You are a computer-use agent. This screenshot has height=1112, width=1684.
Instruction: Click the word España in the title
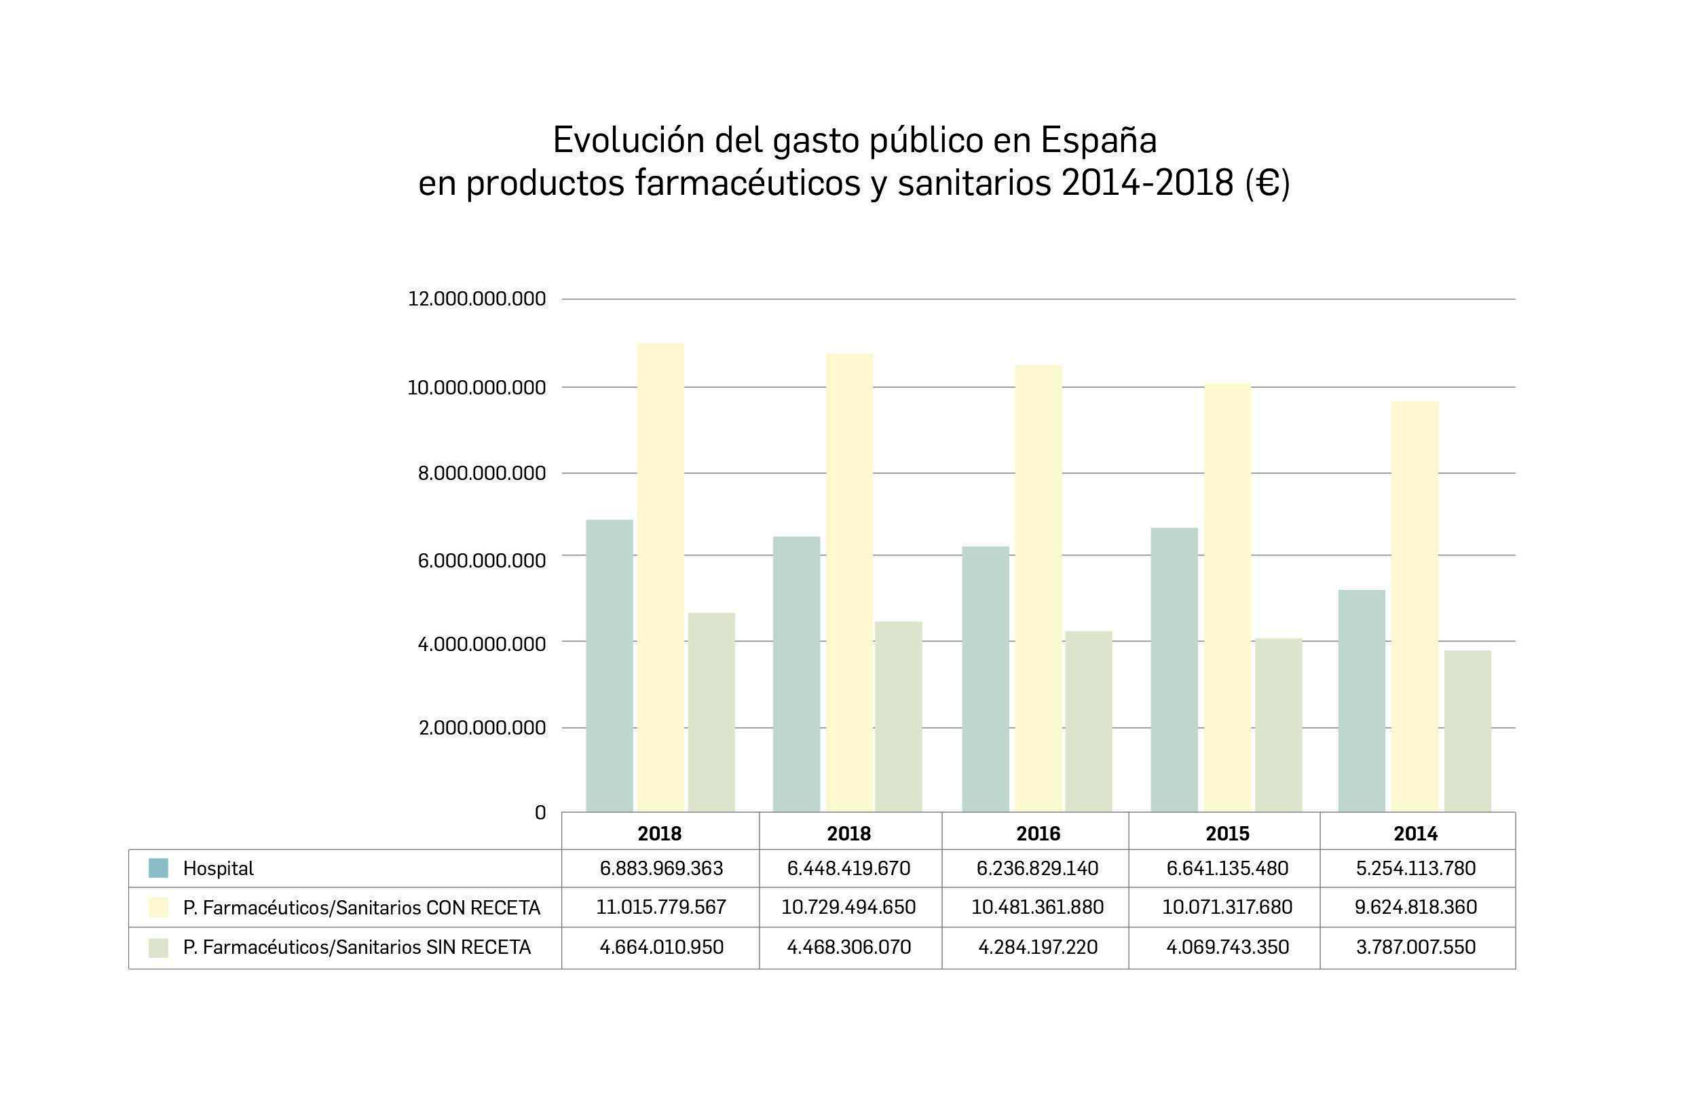click(1098, 141)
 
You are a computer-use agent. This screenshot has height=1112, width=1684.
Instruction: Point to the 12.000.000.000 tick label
click(476, 299)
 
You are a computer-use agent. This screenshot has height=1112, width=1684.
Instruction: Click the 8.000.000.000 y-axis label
click(481, 473)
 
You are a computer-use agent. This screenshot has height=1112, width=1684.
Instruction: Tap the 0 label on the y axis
click(540, 813)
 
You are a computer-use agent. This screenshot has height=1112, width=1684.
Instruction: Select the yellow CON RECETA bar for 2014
click(1415, 606)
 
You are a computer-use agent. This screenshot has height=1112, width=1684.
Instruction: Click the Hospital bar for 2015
click(1174, 669)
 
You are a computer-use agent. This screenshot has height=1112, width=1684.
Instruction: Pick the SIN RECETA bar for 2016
click(1089, 721)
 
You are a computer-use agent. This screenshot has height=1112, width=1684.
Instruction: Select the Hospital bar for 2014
click(1362, 701)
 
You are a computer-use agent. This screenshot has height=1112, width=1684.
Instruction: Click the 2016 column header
click(1038, 833)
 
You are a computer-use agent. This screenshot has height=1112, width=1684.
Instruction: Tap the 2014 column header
click(1415, 833)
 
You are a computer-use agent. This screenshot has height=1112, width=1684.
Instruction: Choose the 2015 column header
click(1227, 833)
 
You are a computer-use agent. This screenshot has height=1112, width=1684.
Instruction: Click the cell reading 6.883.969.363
click(661, 868)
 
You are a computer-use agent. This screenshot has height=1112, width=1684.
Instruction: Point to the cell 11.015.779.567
click(661, 907)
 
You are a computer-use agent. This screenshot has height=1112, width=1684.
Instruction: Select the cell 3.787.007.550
click(1415, 947)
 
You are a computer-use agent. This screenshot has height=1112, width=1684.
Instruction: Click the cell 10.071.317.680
click(1227, 907)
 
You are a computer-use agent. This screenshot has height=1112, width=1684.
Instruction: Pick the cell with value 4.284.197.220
click(1037, 947)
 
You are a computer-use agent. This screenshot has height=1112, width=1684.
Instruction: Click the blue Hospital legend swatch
click(158, 868)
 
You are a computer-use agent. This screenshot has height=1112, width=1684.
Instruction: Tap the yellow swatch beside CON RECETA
click(158, 907)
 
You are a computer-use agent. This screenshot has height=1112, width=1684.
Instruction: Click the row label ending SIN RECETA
click(356, 947)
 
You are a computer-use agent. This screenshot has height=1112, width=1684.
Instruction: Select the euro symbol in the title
click(1267, 184)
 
